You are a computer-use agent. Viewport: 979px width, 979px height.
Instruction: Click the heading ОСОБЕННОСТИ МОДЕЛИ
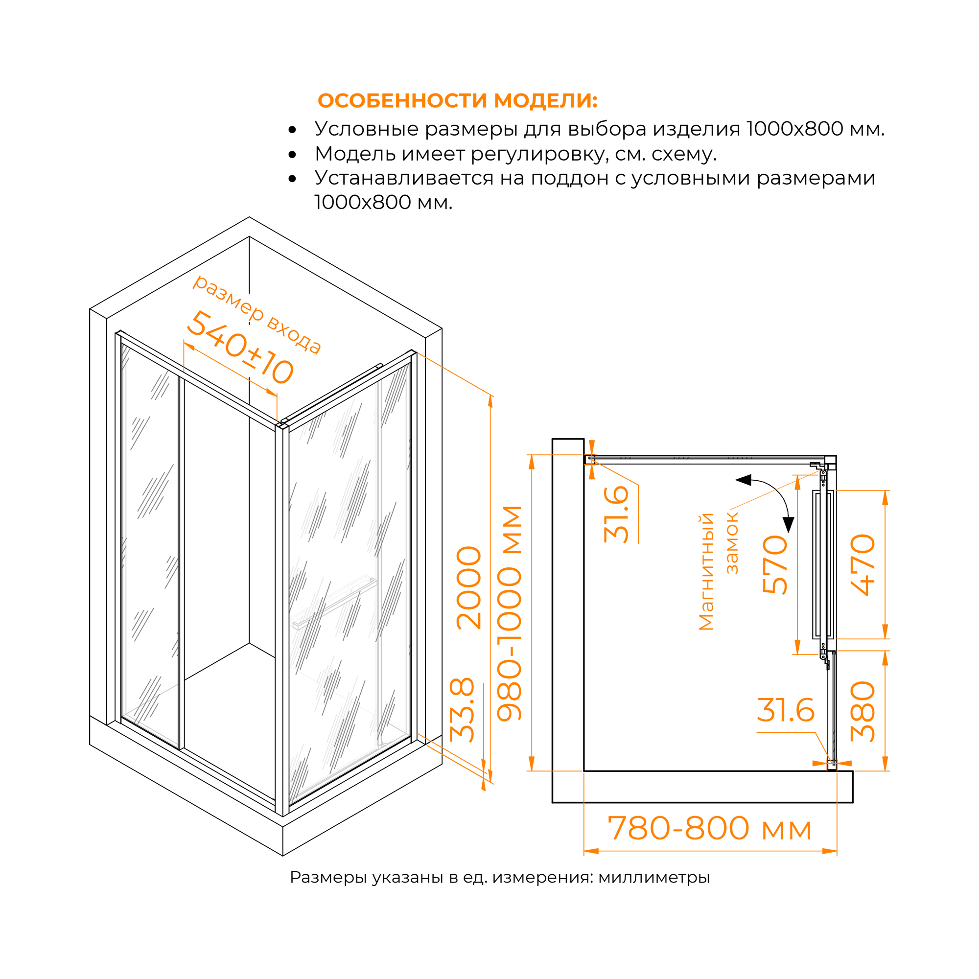(457, 101)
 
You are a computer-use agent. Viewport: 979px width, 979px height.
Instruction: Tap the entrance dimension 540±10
(240, 348)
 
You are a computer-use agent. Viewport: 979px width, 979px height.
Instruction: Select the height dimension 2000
(469, 588)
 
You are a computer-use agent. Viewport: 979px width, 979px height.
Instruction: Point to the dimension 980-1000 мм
(509, 613)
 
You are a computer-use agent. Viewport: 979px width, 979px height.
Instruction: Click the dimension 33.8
(462, 710)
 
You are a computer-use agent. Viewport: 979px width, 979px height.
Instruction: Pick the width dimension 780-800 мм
(709, 828)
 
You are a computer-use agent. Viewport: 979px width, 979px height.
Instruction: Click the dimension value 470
(863, 565)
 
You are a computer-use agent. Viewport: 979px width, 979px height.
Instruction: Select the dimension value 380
(863, 712)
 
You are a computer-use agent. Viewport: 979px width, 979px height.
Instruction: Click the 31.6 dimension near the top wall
(617, 514)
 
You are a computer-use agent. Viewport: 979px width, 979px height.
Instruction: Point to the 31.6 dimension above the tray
(786, 710)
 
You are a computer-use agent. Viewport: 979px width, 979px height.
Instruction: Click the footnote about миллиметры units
(500, 877)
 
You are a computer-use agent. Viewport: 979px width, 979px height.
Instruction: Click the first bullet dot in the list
(292, 130)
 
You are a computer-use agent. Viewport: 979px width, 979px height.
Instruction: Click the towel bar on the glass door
(334, 603)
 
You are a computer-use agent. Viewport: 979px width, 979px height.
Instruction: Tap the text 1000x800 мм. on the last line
(383, 203)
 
